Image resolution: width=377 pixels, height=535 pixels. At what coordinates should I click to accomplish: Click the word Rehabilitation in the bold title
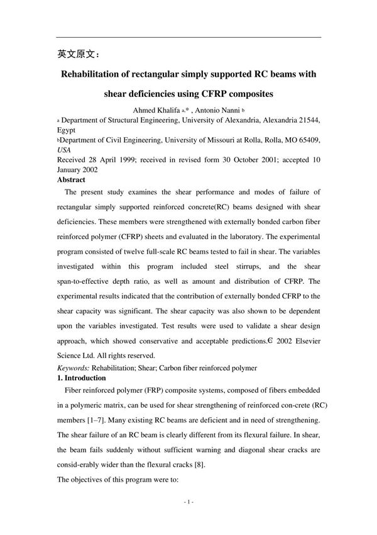(94, 74)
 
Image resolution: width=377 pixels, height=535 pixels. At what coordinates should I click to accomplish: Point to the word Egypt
(66, 130)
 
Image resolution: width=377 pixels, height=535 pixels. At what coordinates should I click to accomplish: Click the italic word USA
(63, 150)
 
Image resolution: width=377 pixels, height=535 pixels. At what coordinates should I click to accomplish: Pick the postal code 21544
(307, 120)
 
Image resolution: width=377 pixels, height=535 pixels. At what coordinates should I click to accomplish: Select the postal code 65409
(307, 140)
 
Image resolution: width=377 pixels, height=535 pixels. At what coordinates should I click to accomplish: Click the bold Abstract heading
(71, 180)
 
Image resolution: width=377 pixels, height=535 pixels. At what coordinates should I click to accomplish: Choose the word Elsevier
(305, 341)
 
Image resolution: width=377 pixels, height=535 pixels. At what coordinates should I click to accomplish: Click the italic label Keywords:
(74, 368)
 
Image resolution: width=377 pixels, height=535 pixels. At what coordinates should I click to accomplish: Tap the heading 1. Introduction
(82, 378)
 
